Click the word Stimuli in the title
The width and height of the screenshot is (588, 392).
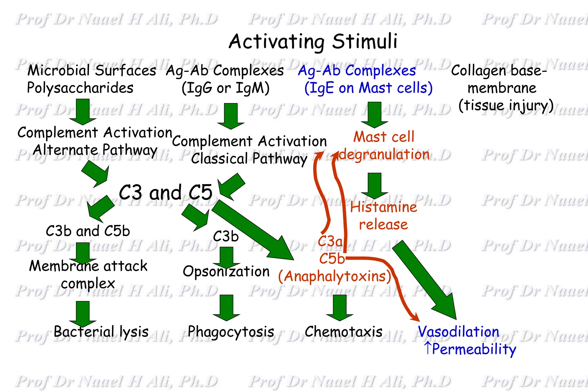(365, 42)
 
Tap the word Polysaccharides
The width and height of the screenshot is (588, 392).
(80, 88)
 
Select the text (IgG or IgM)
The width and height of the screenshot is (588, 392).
(225, 88)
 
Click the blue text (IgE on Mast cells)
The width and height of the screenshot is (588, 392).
(368, 88)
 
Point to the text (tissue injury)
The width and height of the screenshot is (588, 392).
(506, 105)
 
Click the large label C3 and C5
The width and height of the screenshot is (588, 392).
(165, 192)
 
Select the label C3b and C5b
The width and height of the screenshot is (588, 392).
(88, 231)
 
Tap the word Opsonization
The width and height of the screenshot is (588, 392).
(226, 271)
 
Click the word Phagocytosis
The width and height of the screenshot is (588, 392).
(231, 332)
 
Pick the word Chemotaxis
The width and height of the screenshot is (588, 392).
(343, 332)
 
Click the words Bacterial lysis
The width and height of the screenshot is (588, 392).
(101, 332)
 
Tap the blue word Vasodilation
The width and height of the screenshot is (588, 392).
(459, 332)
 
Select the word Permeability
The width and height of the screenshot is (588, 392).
(474, 349)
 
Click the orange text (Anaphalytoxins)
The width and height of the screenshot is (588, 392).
(335, 277)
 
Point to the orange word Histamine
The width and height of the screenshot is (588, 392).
(384, 207)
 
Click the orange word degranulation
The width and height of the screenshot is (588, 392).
(384, 154)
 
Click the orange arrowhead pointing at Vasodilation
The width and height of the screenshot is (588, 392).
(415, 318)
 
